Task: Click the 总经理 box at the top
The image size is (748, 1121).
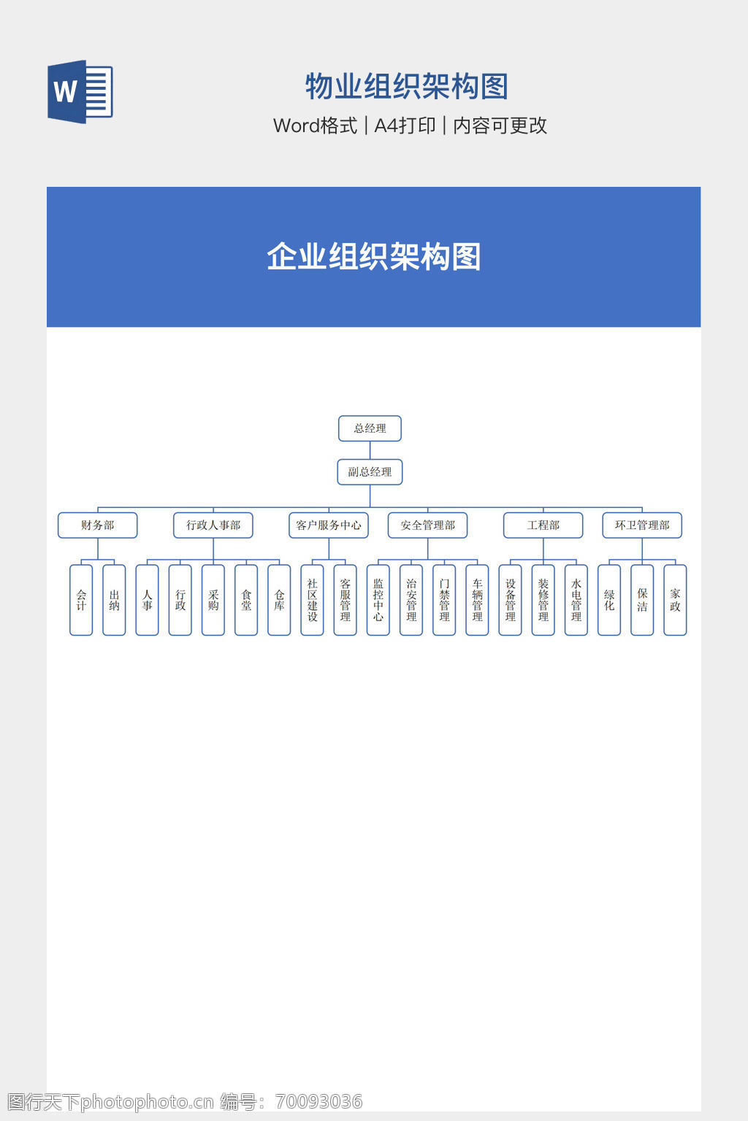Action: click(x=370, y=428)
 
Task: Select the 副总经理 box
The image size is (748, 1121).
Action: click(x=370, y=472)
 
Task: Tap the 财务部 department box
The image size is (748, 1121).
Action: click(x=98, y=525)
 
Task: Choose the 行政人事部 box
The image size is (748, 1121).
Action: click(x=213, y=525)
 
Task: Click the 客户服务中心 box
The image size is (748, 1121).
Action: click(x=329, y=525)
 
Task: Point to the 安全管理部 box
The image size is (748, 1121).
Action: click(x=428, y=525)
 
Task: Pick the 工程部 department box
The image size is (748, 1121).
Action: click(x=543, y=525)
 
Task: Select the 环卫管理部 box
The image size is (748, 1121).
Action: click(x=642, y=525)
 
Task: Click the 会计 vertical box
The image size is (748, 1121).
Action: click(x=81, y=600)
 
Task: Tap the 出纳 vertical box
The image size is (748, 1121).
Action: click(x=114, y=600)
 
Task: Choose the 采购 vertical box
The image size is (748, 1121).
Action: click(x=213, y=600)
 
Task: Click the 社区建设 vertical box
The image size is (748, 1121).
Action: click(x=312, y=600)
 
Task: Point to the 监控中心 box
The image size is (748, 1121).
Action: click(x=378, y=600)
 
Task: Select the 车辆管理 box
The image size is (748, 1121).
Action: click(x=478, y=600)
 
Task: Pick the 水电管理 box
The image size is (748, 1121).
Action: click(x=576, y=600)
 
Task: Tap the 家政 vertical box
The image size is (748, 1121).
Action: click(x=676, y=600)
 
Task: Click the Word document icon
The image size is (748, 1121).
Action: click(x=80, y=91)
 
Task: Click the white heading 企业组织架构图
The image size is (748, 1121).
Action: click(x=374, y=257)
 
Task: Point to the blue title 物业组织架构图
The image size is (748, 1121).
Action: click(x=407, y=86)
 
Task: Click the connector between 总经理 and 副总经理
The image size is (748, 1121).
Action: click(x=370, y=450)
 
